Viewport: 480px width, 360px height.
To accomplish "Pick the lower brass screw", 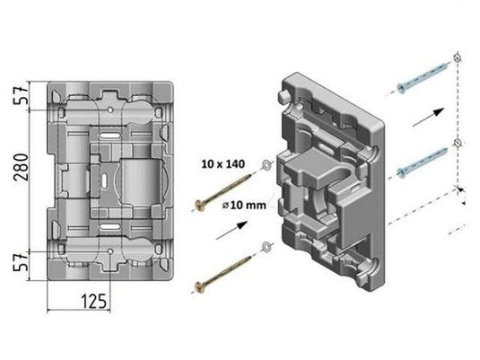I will tap(224, 273).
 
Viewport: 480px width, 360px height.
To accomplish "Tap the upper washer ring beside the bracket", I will tap(266, 165).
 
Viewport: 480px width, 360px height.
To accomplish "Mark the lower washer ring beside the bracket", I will tap(266, 248).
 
